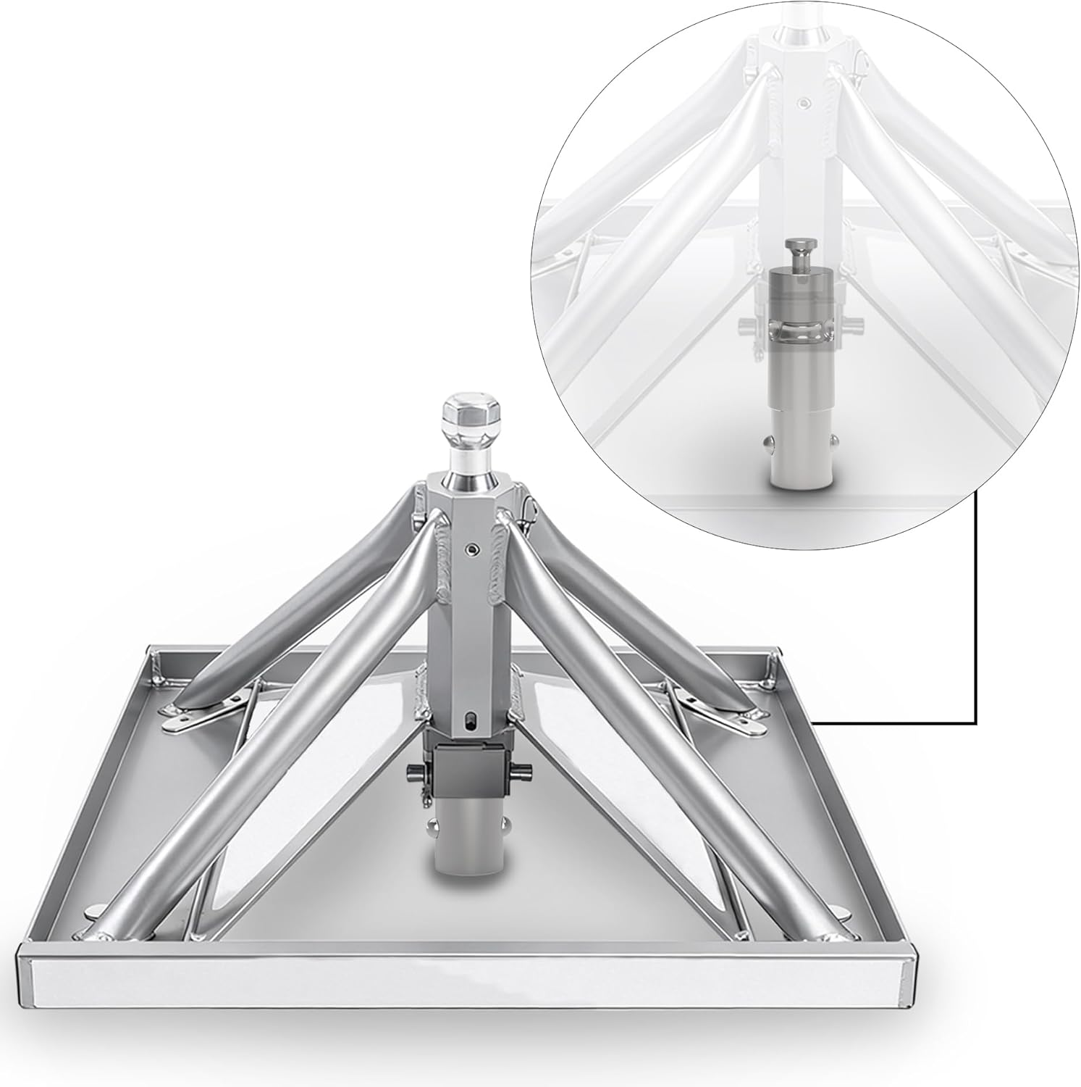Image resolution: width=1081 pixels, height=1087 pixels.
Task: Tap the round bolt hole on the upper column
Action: coord(471,551)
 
